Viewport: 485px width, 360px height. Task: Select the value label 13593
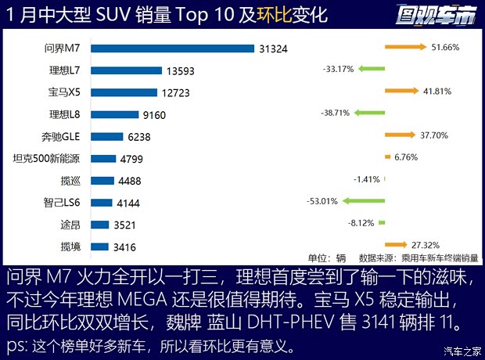point(179,70)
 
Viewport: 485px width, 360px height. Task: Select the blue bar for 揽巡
point(102,181)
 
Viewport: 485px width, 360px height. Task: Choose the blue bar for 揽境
point(99,247)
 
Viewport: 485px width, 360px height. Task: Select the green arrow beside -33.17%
point(372,69)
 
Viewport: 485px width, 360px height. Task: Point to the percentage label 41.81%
point(436,91)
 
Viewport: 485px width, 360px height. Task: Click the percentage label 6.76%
point(407,157)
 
